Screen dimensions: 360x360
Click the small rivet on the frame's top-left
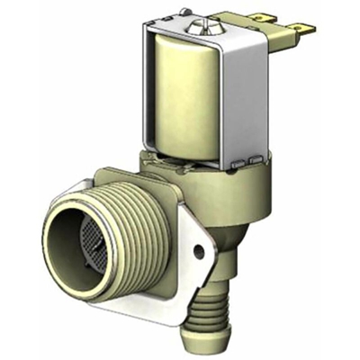coord(185,13)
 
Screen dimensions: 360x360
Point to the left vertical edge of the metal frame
coord(144,90)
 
